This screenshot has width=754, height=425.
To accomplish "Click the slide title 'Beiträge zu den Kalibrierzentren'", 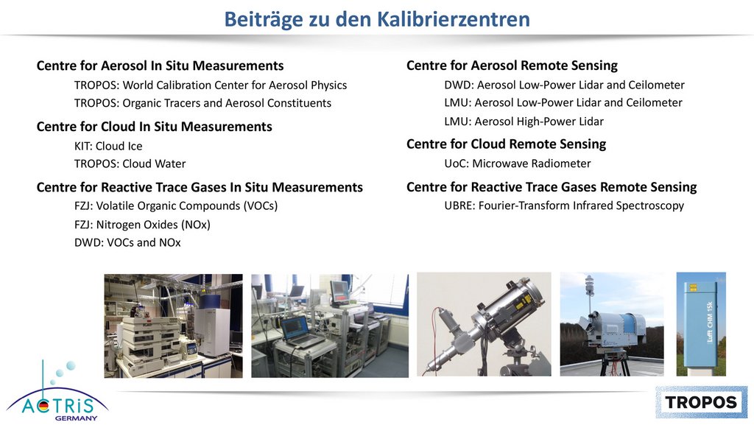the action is tap(377, 20).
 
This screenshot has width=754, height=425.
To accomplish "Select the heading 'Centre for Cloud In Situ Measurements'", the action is tap(155, 127).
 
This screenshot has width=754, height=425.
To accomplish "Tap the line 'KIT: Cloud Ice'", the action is tap(108, 146).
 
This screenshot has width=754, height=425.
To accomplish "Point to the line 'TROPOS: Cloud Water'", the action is tap(130, 164).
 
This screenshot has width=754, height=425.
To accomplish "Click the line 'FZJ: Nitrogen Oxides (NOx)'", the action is tap(142, 225).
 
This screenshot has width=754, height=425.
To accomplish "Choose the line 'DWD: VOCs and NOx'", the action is tap(127, 242).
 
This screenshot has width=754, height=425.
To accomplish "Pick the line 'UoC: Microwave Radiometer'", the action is tap(518, 164).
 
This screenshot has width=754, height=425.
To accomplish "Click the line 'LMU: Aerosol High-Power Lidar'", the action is tap(524, 122).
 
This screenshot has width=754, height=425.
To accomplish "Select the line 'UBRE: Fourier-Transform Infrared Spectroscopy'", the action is tap(564, 206).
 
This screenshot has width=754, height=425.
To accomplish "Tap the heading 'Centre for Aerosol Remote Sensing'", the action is tap(512, 66).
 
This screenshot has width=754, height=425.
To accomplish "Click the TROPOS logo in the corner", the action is tap(701, 402).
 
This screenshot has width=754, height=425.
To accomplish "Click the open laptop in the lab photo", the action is tap(299, 331).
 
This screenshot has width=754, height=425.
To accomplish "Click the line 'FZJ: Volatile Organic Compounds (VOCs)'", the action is tap(176, 206).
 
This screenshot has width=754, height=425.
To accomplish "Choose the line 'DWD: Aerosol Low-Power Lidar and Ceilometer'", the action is tap(564, 85).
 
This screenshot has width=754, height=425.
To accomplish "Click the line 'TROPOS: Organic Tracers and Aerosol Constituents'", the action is tap(202, 103).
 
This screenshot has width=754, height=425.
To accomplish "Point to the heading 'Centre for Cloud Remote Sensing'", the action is tap(507, 144).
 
